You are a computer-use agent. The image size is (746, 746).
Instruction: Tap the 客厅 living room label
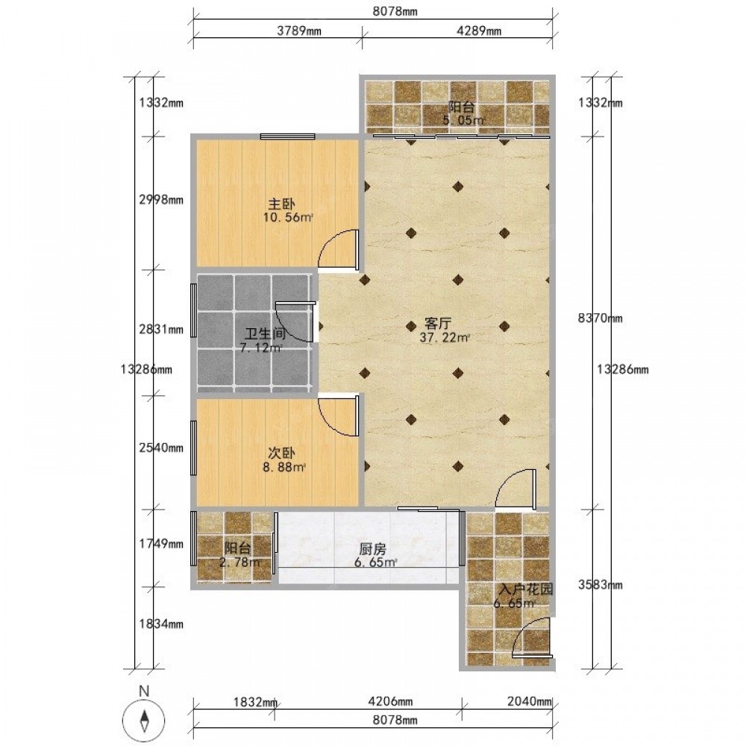pyautogui.click(x=438, y=325)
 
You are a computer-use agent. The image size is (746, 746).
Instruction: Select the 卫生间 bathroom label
pyautogui.click(x=266, y=335)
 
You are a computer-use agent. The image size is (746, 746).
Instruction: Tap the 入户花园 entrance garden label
pyautogui.click(x=526, y=590)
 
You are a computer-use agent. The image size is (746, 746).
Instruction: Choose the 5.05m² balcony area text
pyautogui.click(x=464, y=120)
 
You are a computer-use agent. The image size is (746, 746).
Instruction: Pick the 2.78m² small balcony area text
pyautogui.click(x=239, y=562)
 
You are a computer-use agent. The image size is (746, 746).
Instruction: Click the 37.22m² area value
pyautogui.click(x=445, y=338)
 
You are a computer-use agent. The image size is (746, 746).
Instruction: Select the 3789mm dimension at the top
pyautogui.click(x=299, y=31)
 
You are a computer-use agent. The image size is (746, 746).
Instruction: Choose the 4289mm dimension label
pyautogui.click(x=479, y=31)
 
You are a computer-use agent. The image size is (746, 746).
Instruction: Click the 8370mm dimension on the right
pyautogui.click(x=600, y=319)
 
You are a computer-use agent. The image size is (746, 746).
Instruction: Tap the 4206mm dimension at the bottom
pyautogui.click(x=390, y=702)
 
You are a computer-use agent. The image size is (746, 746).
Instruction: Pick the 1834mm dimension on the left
pyautogui.click(x=161, y=624)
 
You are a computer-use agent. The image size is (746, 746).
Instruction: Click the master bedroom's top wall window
pyautogui.click(x=287, y=137)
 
